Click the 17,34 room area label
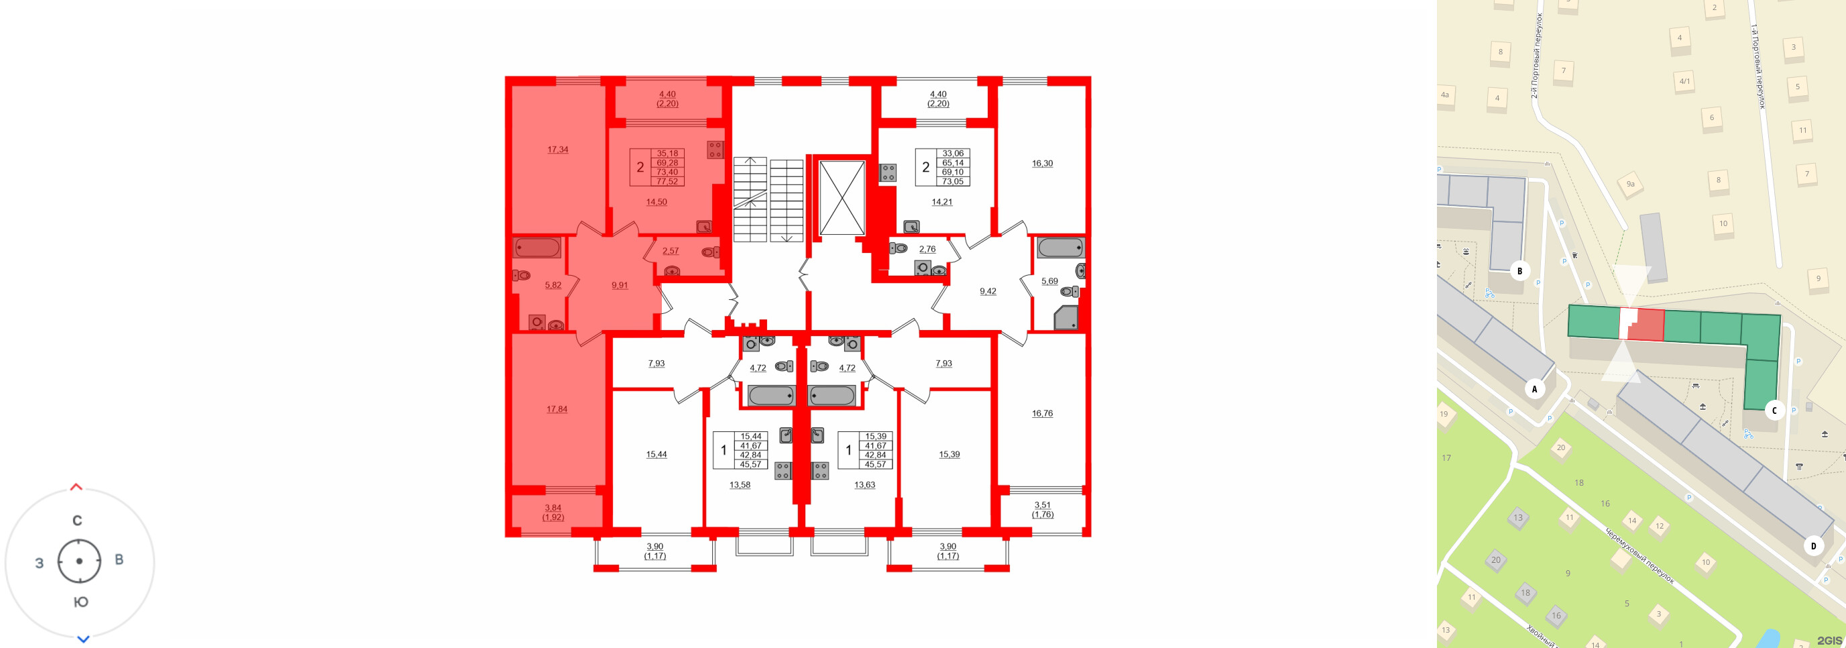557,150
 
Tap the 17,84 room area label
557,409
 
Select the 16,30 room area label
1042,164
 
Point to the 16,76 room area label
1042,414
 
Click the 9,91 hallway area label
619,285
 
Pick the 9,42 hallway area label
988,292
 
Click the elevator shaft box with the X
842,198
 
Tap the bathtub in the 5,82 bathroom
536,248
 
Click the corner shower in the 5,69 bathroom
1066,317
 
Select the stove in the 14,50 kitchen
715,150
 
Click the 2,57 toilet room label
670,251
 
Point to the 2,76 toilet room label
927,250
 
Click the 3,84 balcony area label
553,508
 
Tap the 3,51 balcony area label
1042,505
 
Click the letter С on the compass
77,521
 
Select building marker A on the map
1534,389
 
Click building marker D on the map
1814,546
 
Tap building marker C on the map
1774,411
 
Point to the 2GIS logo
1829,640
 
